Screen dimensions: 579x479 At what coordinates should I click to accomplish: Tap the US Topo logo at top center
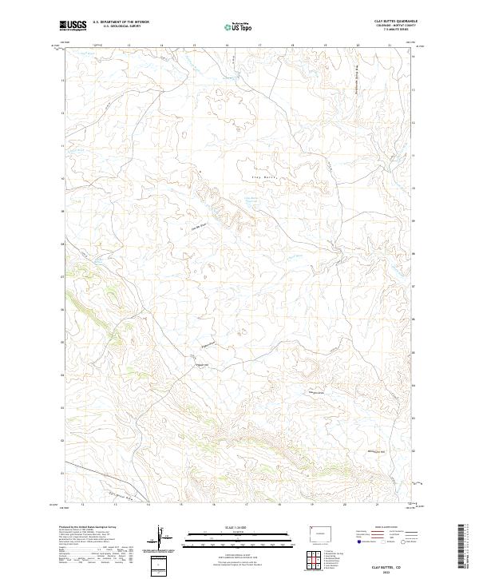pos(236,27)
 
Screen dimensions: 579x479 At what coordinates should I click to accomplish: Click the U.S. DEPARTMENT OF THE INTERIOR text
pos(121,22)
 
